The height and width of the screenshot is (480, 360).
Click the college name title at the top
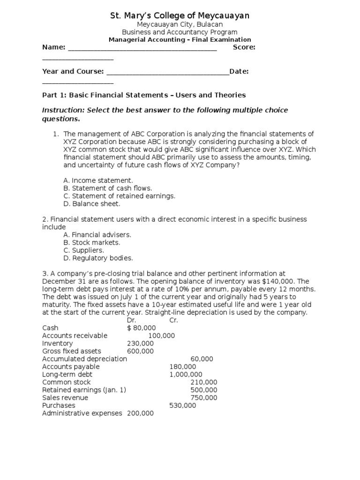coord(180,16)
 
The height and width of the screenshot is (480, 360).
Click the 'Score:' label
coord(244,47)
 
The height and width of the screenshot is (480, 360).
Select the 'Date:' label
coord(239,71)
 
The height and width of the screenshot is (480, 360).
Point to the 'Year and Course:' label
coord(73,71)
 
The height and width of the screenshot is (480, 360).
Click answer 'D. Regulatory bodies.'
coord(98,258)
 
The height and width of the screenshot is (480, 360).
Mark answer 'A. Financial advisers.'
coord(97,234)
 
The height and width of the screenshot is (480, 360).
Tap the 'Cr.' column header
coord(174,320)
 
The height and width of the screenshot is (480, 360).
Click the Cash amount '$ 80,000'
coord(141,328)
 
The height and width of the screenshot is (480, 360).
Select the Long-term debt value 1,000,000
coord(186,375)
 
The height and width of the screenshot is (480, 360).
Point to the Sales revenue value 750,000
coord(204,397)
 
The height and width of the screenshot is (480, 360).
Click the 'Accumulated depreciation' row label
coord(84,359)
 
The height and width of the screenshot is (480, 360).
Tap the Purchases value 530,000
coord(182,405)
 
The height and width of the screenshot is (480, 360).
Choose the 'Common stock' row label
coord(66,382)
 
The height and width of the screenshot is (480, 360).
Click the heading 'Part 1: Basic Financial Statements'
coord(143,95)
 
